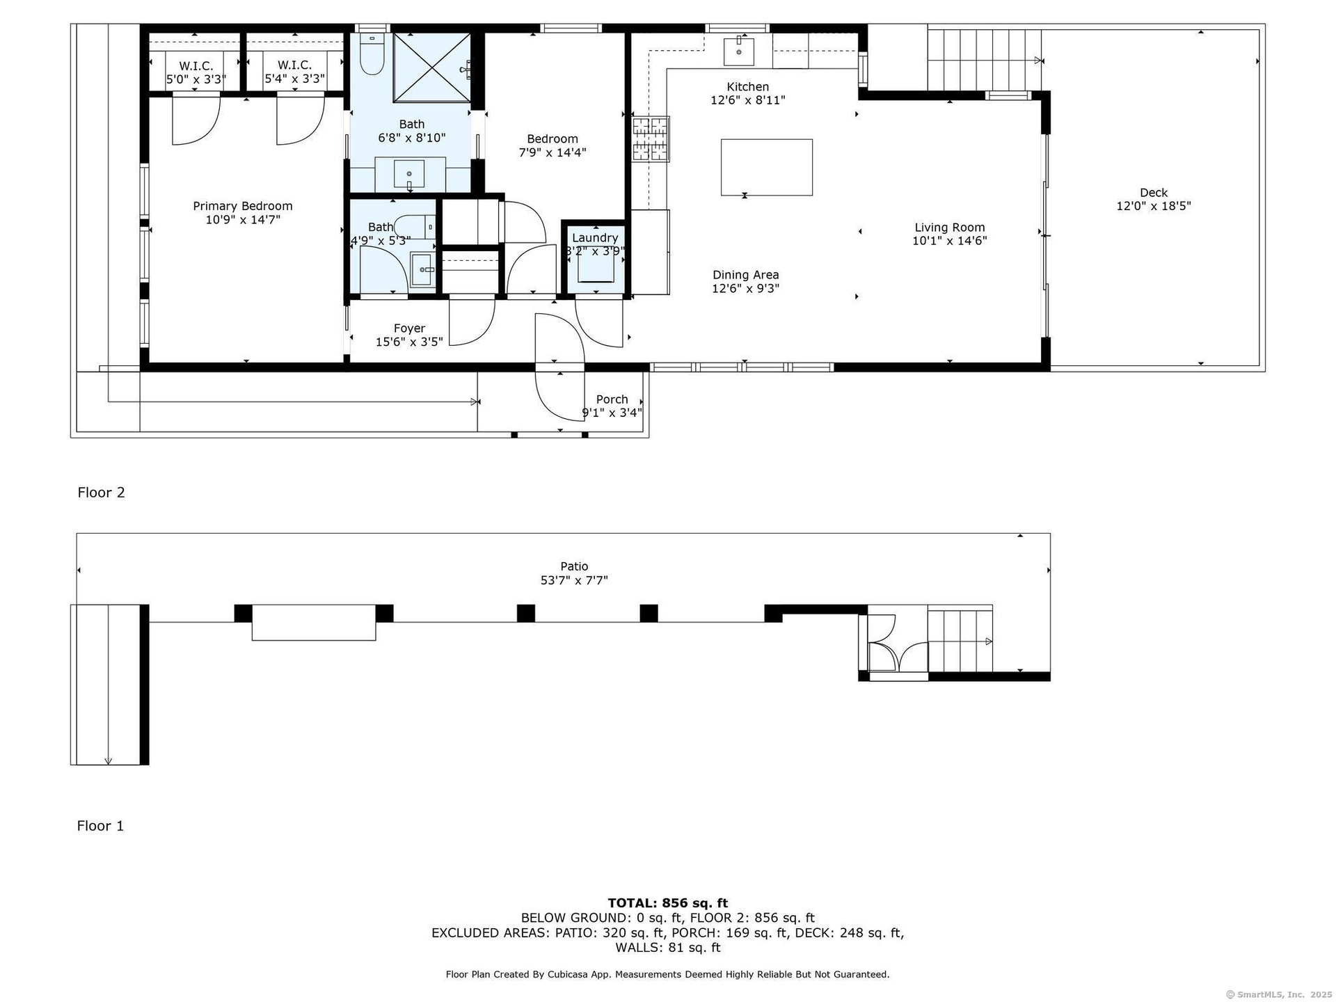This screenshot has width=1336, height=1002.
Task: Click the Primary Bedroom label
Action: coord(242,206)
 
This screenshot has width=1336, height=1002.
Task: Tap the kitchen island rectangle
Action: coord(766,167)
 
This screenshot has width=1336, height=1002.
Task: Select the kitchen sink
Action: coord(739,50)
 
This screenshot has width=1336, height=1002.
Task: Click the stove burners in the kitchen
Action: coord(650,139)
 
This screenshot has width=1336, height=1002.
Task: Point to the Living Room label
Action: coord(949,228)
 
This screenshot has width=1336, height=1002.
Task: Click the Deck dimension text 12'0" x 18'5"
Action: coord(1154,206)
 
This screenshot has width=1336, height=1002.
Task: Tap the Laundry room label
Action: coord(595,238)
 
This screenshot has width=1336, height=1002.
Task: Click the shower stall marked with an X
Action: coord(432,67)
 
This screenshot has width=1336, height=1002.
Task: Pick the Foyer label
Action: coord(409,328)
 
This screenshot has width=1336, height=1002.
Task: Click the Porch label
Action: coord(612,399)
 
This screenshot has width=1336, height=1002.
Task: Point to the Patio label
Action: coord(574,566)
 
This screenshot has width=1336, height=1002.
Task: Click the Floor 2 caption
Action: coord(101,493)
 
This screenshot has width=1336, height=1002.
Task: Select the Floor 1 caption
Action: coord(100,826)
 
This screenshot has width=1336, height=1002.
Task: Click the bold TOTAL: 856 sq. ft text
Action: coord(668,903)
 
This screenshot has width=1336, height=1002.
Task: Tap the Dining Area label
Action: coord(745,275)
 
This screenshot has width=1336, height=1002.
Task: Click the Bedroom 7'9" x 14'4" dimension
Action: coord(552,152)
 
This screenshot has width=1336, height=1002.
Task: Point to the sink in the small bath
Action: coord(422,270)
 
